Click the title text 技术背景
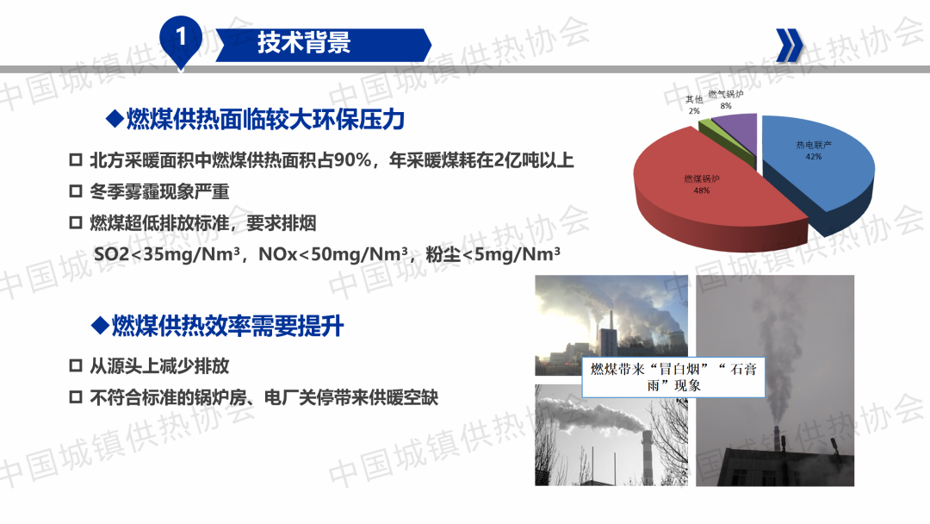[x=304, y=43]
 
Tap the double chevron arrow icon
[x=790, y=45]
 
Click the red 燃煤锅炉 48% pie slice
[x=712, y=190]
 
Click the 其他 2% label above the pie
[x=694, y=104]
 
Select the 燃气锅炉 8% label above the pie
[x=725, y=100]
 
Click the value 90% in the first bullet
[x=352, y=160]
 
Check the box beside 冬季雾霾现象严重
[x=75, y=191]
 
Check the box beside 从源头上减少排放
[x=75, y=365]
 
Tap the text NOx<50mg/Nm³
[x=333, y=254]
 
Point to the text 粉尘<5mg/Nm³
[x=493, y=254]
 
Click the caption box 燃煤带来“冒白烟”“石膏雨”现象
[x=673, y=377]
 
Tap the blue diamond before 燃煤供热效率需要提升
[x=100, y=325]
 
